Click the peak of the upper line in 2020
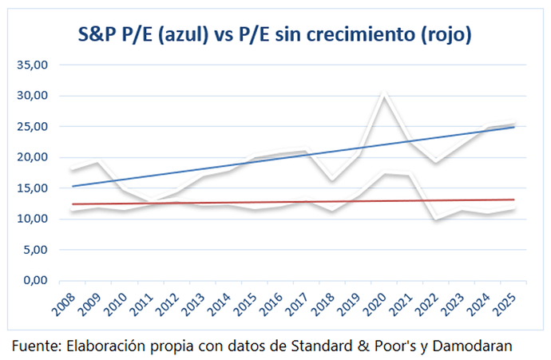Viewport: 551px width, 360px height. (x=386, y=94)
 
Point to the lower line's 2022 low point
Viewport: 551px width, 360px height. (x=436, y=220)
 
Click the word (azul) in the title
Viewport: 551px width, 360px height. (x=187, y=35)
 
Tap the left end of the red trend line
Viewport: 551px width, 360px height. (x=72, y=204)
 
